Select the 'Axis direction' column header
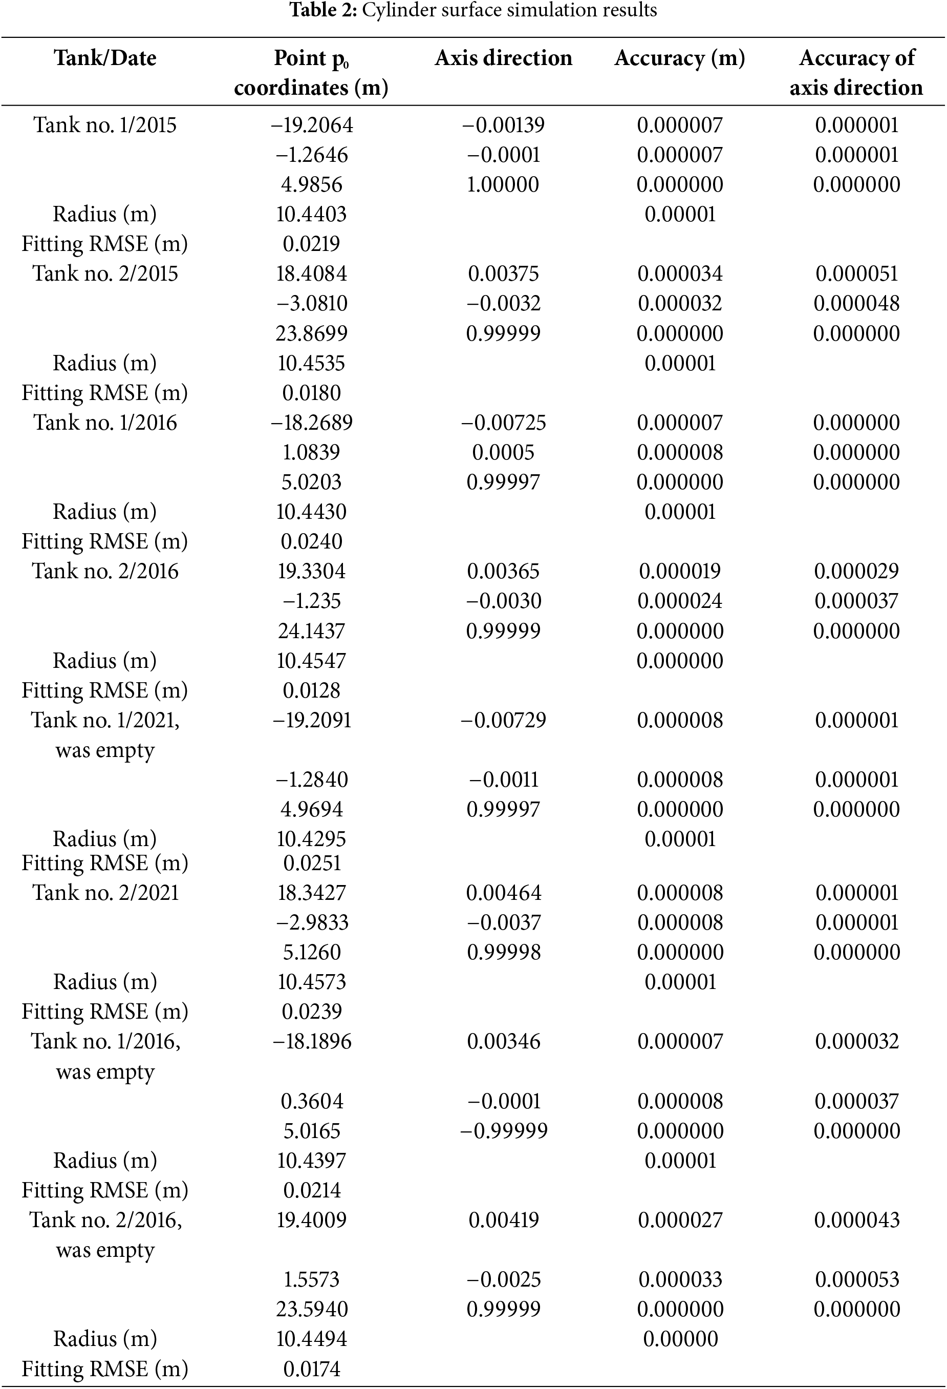[x=503, y=58]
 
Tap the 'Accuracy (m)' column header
[x=679, y=58]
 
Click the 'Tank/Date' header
[x=105, y=58]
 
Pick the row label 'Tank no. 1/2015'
[x=105, y=125]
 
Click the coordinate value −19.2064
[x=311, y=125]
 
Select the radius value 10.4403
[x=311, y=214]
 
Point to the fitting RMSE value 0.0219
[x=311, y=244]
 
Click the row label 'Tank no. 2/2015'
[x=105, y=273]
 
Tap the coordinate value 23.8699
[x=311, y=333]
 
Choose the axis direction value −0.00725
[x=503, y=423]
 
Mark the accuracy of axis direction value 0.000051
[x=856, y=273]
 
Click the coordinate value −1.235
[x=311, y=601]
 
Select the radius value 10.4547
[x=311, y=660]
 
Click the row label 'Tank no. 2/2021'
[x=105, y=893]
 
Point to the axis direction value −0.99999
[x=503, y=1131]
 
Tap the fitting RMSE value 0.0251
[x=311, y=863]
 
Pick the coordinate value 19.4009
[x=311, y=1220]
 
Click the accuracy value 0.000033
[x=679, y=1279]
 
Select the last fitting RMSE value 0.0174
[x=311, y=1369]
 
